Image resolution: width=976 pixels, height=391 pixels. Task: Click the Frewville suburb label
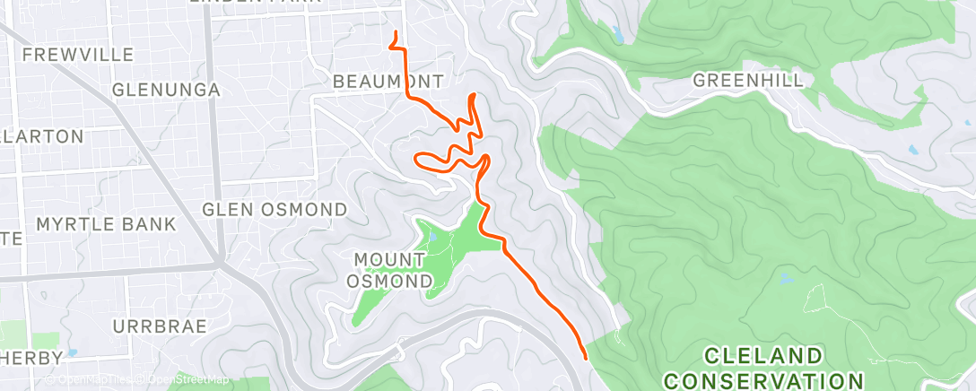77,55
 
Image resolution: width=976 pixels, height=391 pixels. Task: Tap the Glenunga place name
167,90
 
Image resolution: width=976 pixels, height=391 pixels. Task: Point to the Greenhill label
748,81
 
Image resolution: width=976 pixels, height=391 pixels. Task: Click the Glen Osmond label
274,210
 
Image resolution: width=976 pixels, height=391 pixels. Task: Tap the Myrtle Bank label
106,224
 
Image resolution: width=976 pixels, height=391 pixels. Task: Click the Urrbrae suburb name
160,325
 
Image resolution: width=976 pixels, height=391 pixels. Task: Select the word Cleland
762,355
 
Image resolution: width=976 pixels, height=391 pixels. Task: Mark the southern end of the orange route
585,357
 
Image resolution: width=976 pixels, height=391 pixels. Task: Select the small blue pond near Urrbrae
72,352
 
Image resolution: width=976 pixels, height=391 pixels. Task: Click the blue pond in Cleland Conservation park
787,279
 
